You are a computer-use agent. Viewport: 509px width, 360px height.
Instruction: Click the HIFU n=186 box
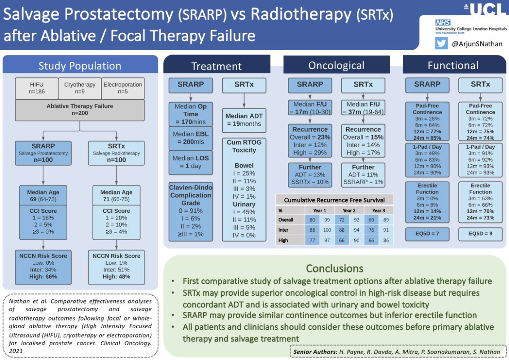tap(37, 88)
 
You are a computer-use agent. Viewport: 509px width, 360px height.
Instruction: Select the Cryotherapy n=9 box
tap(79, 88)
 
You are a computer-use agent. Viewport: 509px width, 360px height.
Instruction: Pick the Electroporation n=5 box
tap(122, 88)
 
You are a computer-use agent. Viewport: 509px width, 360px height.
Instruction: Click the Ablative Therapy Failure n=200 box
tap(80, 110)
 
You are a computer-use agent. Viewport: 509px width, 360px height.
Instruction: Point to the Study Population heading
tap(80, 66)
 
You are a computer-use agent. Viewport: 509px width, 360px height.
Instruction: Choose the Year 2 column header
tap(349, 210)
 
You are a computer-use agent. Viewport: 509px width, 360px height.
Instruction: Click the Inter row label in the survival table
tap(283, 230)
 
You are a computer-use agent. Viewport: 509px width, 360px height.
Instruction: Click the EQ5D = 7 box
tap(427, 234)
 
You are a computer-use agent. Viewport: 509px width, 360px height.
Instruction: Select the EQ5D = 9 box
tap(480, 234)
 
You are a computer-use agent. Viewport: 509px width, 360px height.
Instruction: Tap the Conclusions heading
tap(335, 268)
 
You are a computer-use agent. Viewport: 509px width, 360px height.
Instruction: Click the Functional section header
tap(452, 66)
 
